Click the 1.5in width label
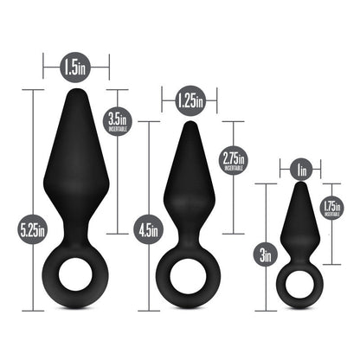(76, 64)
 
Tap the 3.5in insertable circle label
(119, 121)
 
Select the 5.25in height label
(34, 231)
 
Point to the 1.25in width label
(188, 102)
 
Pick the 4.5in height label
(149, 231)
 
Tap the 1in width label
(300, 169)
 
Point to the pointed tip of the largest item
(76, 90)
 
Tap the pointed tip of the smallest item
(300, 187)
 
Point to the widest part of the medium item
(188, 204)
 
